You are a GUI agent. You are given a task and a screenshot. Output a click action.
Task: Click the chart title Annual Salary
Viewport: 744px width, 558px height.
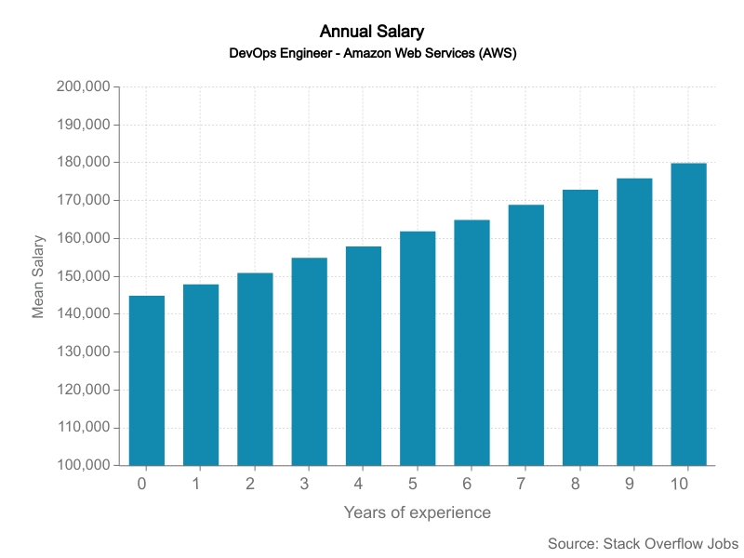click(x=372, y=33)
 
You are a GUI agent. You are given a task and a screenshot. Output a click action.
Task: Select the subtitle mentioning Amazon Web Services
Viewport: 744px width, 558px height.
click(x=372, y=53)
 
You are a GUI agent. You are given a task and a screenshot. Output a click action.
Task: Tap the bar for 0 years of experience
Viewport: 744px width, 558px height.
click(x=147, y=380)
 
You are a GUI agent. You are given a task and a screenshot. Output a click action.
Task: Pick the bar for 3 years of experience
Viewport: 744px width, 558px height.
click(x=310, y=362)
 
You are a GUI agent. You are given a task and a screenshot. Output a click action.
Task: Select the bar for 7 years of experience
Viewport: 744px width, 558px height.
click(x=526, y=335)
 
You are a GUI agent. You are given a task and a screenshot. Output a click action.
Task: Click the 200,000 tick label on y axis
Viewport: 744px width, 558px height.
click(x=84, y=86)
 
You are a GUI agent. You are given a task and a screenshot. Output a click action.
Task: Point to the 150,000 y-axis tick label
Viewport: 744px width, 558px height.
click(x=84, y=276)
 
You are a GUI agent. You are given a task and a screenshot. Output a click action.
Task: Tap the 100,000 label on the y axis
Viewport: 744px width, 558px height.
click(x=84, y=465)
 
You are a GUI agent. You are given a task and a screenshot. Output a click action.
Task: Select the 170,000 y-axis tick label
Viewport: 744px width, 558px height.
click(x=84, y=200)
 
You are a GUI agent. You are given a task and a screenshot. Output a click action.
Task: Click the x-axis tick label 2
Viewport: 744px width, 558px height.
click(x=250, y=484)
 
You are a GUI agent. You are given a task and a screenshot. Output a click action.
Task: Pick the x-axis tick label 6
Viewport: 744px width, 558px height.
click(x=467, y=484)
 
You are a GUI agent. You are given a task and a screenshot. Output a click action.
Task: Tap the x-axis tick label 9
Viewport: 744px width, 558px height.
click(x=630, y=484)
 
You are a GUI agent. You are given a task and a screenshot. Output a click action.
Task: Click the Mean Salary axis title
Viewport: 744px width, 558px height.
click(x=38, y=276)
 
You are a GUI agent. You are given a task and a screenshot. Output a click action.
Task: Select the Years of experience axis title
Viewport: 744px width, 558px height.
click(x=418, y=512)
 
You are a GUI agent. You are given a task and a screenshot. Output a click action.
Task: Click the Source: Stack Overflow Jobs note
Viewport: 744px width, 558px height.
click(x=643, y=543)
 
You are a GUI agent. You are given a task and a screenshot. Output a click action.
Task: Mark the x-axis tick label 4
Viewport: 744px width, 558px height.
click(x=359, y=484)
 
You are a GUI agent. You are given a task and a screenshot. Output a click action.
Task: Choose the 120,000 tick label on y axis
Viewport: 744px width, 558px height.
click(x=84, y=390)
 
